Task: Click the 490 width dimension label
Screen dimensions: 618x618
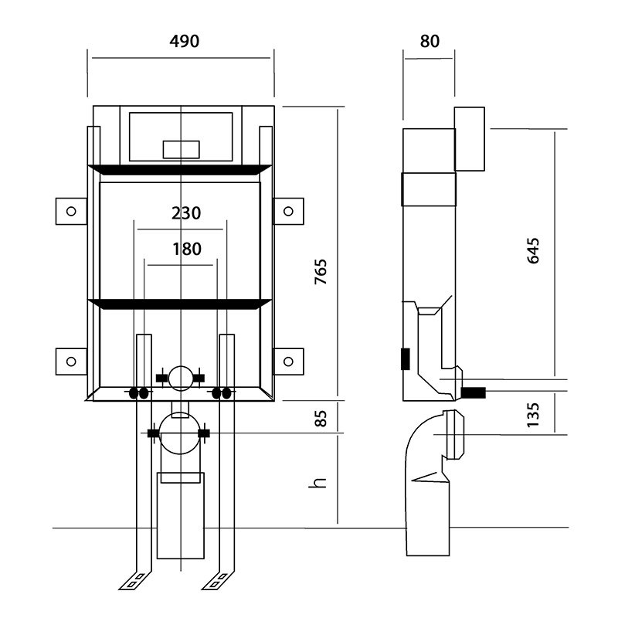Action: (185, 41)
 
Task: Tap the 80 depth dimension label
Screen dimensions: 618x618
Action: (430, 41)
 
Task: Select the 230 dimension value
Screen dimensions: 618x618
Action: (186, 213)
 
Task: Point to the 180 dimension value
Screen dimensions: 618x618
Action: (187, 249)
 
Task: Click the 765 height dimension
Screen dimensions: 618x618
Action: (321, 272)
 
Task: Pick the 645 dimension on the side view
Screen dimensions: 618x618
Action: (533, 250)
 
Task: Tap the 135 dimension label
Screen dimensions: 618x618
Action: (533, 415)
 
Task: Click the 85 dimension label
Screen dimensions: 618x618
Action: (321, 419)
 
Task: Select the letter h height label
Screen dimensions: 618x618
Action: (317, 483)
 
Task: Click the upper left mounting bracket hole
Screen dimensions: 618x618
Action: (71, 211)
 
